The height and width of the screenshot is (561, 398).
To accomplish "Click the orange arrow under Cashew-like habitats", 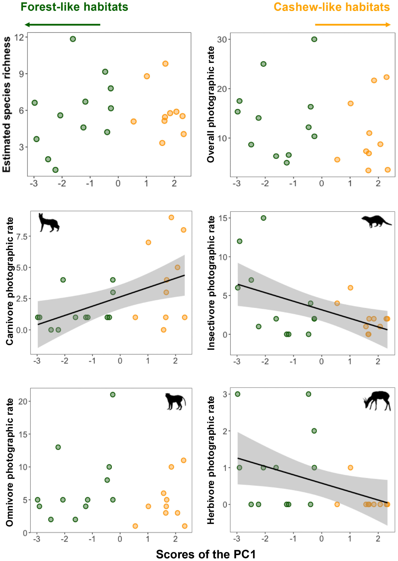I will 353,25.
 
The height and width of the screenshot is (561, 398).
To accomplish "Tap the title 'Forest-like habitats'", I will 74,7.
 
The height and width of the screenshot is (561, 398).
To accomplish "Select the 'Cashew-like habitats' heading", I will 332,7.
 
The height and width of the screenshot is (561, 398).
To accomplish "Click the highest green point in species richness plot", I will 73,39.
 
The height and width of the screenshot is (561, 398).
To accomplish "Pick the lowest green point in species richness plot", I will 55,170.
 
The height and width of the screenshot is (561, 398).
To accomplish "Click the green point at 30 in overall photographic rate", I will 314,39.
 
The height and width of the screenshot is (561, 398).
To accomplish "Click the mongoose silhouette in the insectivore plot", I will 376,221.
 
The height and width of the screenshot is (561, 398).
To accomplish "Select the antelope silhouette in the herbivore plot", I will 377,401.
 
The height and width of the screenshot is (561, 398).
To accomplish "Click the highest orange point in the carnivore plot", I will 171,217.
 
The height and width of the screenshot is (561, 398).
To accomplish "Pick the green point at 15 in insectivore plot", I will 263,218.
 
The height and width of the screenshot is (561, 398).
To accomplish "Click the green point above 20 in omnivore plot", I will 113,395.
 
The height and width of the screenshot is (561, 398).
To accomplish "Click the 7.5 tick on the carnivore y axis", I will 22,237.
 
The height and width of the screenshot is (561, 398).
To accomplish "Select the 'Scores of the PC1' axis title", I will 206,554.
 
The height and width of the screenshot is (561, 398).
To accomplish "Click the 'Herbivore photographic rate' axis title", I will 211,460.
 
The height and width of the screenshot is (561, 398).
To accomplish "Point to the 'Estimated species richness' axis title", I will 7,104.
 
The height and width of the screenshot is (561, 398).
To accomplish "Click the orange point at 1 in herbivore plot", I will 350,468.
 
